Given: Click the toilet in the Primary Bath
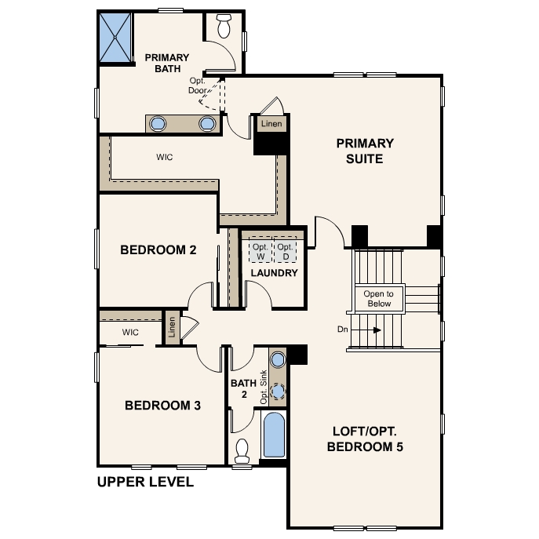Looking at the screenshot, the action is click(224, 26).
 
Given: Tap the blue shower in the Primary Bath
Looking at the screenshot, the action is click(115, 38).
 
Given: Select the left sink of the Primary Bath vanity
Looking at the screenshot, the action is click(158, 124).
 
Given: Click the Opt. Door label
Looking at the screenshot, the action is click(197, 86).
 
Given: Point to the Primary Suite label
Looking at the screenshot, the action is click(365, 151).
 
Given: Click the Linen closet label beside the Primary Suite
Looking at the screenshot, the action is click(271, 124).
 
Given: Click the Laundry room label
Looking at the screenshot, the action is click(274, 273).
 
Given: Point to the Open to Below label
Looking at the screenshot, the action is click(379, 299).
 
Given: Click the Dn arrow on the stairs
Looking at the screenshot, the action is click(366, 330).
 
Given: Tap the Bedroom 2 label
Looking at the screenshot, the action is click(158, 250).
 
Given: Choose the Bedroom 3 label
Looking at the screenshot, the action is click(162, 406).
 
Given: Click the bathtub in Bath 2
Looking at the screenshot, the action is click(274, 435).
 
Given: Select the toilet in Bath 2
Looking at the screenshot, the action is click(242, 450).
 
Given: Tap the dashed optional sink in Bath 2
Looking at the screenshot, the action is click(278, 391).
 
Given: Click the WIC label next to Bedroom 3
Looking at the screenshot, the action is click(130, 333).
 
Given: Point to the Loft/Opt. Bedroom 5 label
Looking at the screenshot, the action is click(365, 439).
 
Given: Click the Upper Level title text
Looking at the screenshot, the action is click(145, 482).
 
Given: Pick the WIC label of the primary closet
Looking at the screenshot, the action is click(164, 158).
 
